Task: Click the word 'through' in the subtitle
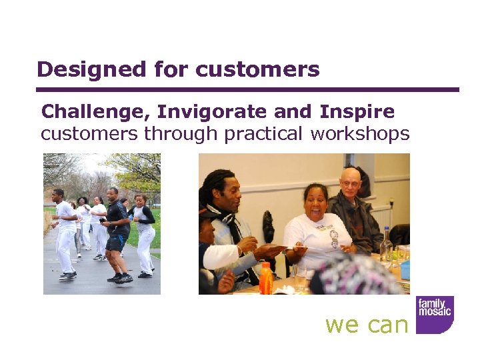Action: pyautogui.click(x=182, y=133)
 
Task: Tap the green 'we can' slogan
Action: pyautogui.click(x=366, y=324)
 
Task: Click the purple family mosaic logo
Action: pyautogui.click(x=434, y=314)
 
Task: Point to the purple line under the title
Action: pyautogui.click(x=247, y=89)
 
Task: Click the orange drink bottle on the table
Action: pyautogui.click(x=267, y=278)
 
